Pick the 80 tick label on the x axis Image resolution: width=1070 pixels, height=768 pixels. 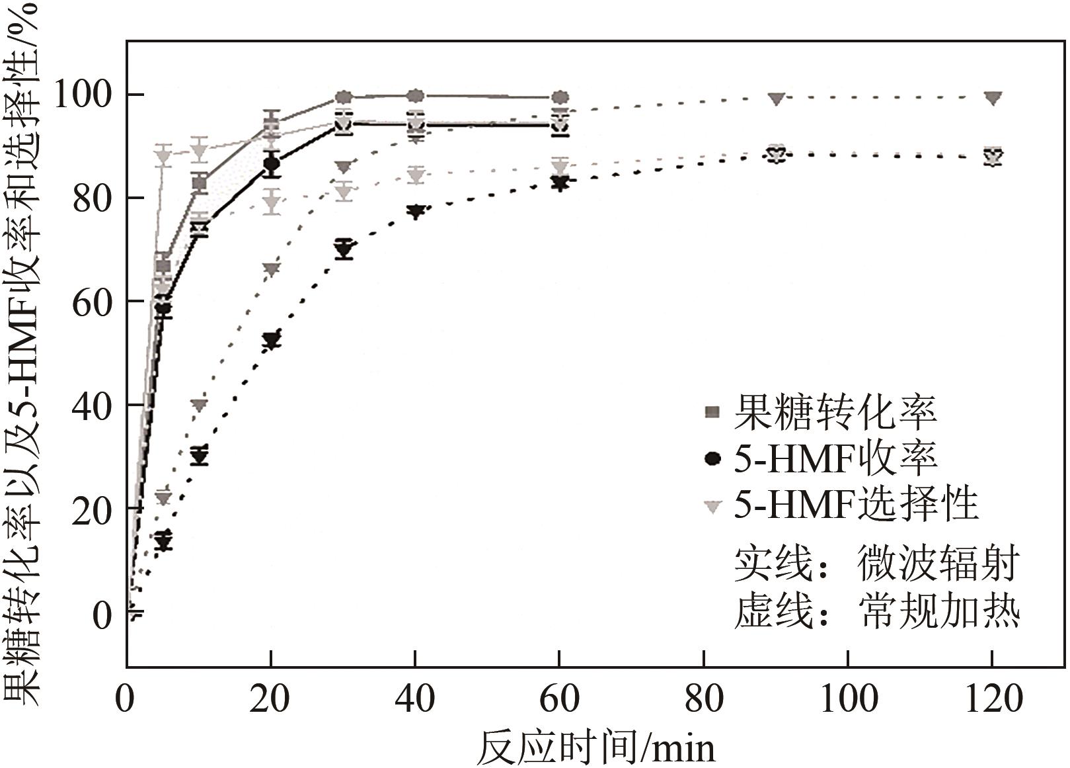704,699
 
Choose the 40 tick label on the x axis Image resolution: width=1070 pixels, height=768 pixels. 415,699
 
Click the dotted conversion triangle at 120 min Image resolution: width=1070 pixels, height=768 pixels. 992,98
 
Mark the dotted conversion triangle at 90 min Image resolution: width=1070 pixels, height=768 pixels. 777,99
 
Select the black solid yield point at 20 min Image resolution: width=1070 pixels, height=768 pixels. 271,164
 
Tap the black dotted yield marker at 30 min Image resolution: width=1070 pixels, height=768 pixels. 343,249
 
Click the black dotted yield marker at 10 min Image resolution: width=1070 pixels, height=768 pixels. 199,456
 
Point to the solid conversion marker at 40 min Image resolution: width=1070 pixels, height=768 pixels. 415,96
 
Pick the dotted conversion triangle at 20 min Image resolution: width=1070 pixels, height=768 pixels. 271,269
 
